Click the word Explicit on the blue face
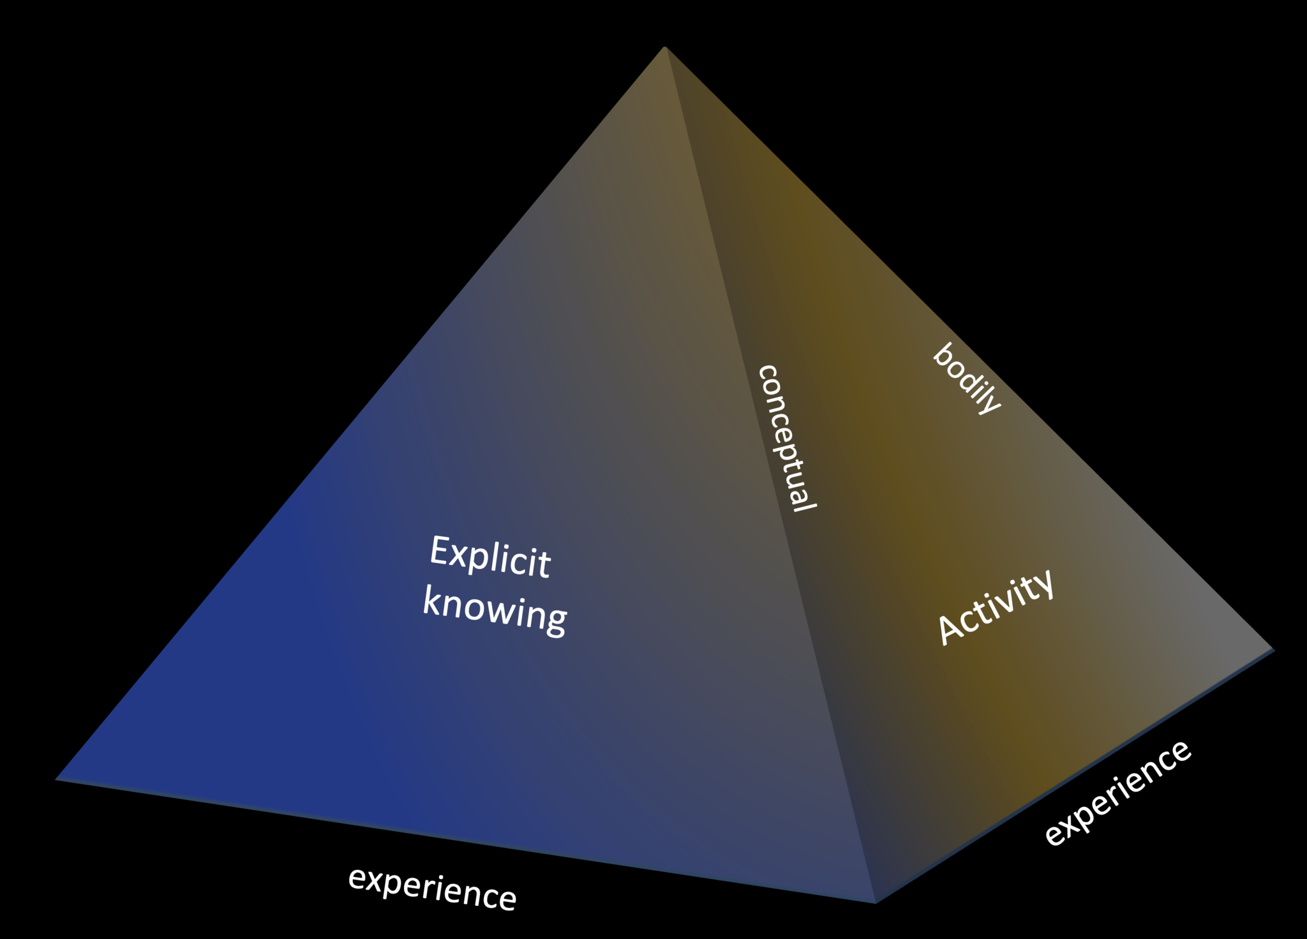(x=489, y=557)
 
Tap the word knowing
(x=495, y=611)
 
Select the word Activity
(x=996, y=607)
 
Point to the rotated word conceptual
(x=786, y=438)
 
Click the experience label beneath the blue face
(x=432, y=888)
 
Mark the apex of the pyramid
(x=665, y=48)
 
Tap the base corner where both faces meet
(x=876, y=901)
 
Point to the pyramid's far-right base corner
(x=1273, y=650)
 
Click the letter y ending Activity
(x=1042, y=584)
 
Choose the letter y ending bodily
(x=990, y=403)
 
